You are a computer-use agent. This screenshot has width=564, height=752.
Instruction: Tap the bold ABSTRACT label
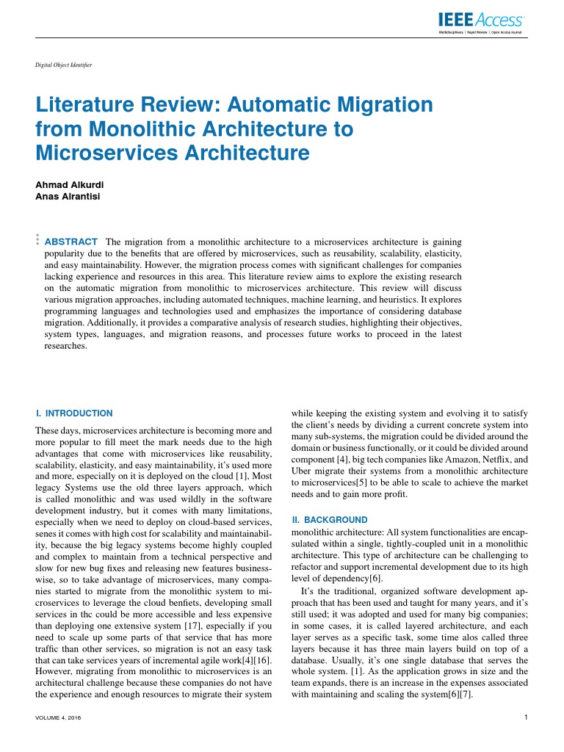pyautogui.click(x=71, y=242)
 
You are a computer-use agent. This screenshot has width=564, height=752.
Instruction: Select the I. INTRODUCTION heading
pyautogui.click(x=74, y=413)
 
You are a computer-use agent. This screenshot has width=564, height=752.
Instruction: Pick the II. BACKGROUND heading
pyautogui.click(x=326, y=519)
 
